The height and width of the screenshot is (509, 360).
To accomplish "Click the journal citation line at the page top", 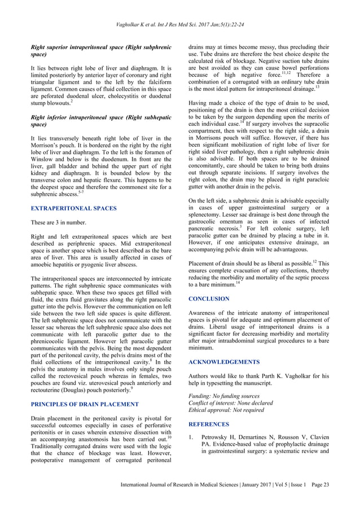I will [x=179, y=25].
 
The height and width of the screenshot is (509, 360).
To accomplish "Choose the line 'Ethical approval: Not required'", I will [x=226, y=410].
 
